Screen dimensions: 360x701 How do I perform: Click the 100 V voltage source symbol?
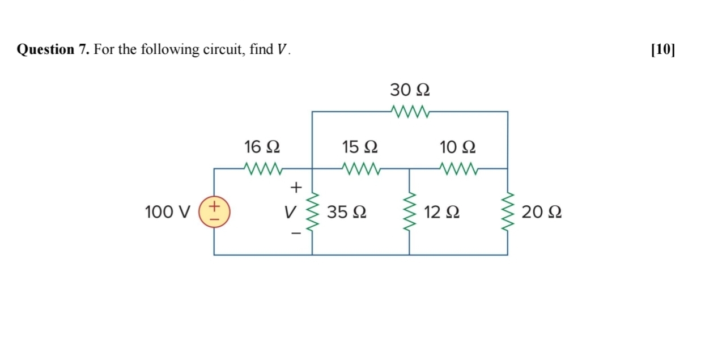(214, 212)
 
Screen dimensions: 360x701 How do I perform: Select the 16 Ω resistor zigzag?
(262, 168)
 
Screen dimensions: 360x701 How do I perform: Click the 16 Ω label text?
(262, 147)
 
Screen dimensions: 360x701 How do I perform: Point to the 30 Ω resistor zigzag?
(410, 112)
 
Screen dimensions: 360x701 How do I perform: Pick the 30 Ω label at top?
(410, 90)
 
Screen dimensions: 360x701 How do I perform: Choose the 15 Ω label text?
(360, 147)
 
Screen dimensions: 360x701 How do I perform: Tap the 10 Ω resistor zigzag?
(458, 168)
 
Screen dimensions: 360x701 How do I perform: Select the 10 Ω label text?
(458, 147)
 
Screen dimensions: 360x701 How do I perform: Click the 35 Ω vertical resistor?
(312, 212)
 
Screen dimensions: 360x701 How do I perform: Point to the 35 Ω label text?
(346, 213)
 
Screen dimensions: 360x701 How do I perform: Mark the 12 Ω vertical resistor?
(410, 212)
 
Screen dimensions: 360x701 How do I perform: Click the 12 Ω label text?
(442, 213)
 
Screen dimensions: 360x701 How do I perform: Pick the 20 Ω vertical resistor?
(507, 212)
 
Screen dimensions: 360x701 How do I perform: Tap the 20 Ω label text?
(542, 213)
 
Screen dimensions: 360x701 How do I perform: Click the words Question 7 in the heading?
(53, 50)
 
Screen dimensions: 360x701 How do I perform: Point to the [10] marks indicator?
(663, 50)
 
